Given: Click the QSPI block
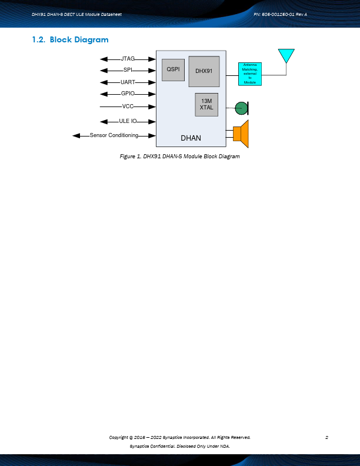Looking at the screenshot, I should click(173, 69).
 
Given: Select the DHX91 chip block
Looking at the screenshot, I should click(204, 72).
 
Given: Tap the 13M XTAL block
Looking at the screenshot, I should click(206, 105).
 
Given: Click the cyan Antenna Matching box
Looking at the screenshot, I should click(250, 74).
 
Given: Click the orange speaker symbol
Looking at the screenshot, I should click(242, 134).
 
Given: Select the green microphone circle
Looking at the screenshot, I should click(241, 108).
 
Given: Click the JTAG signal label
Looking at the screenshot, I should click(128, 59).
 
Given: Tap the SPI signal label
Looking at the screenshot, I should click(128, 70).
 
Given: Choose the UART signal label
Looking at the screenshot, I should click(128, 82).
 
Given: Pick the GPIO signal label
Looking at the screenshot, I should click(128, 94).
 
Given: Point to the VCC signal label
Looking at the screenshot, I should click(128, 106).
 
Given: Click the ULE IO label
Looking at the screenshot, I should click(128, 121).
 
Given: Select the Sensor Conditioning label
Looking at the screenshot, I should click(114, 135).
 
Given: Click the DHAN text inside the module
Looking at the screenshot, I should click(191, 138).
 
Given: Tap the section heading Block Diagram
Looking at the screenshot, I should click(79, 40).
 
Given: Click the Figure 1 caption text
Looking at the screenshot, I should click(180, 157).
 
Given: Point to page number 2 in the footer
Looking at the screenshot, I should click(326, 437).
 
